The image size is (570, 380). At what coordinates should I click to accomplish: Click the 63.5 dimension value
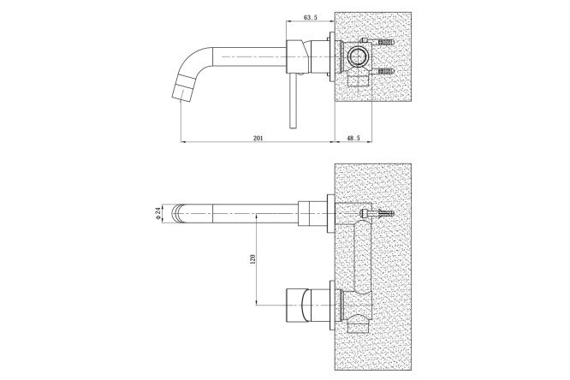tap(310, 17)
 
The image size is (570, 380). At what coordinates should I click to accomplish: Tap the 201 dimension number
tap(258, 138)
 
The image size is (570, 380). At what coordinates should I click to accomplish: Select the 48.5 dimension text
tap(353, 138)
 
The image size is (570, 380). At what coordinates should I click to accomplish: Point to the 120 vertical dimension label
tap(253, 258)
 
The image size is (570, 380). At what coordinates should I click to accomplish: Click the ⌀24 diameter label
tap(157, 213)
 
